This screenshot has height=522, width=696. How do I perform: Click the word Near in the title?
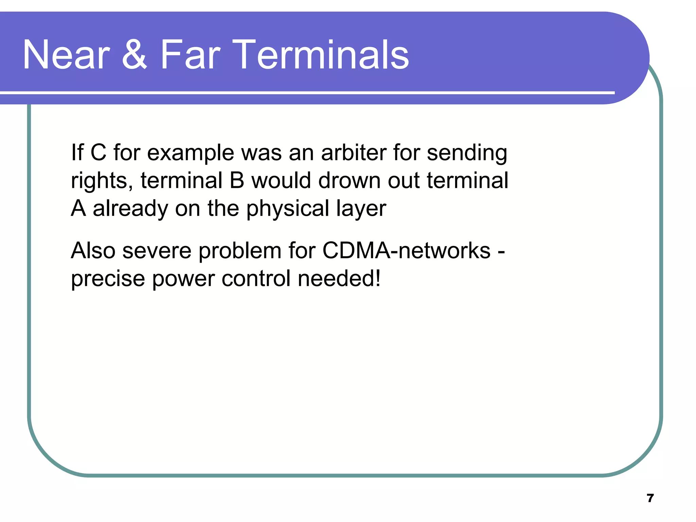[x=66, y=55]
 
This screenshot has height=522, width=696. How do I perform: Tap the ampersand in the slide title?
[x=135, y=55]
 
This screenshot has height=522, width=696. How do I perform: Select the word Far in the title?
[x=190, y=55]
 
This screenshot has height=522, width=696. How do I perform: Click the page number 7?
[x=650, y=498]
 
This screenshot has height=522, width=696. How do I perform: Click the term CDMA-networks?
[x=406, y=251]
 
